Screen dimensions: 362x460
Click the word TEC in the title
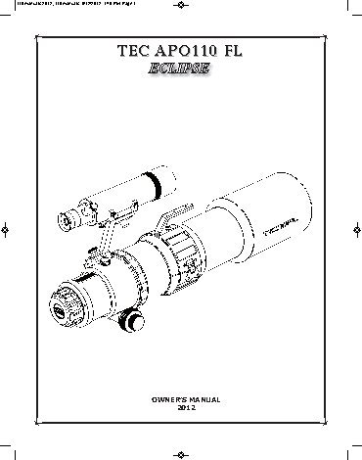click(130, 51)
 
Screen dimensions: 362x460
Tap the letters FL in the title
click(235, 51)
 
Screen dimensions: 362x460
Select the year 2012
click(181, 408)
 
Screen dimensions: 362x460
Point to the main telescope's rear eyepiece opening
click(59, 312)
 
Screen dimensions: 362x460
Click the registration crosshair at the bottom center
click(181, 453)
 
